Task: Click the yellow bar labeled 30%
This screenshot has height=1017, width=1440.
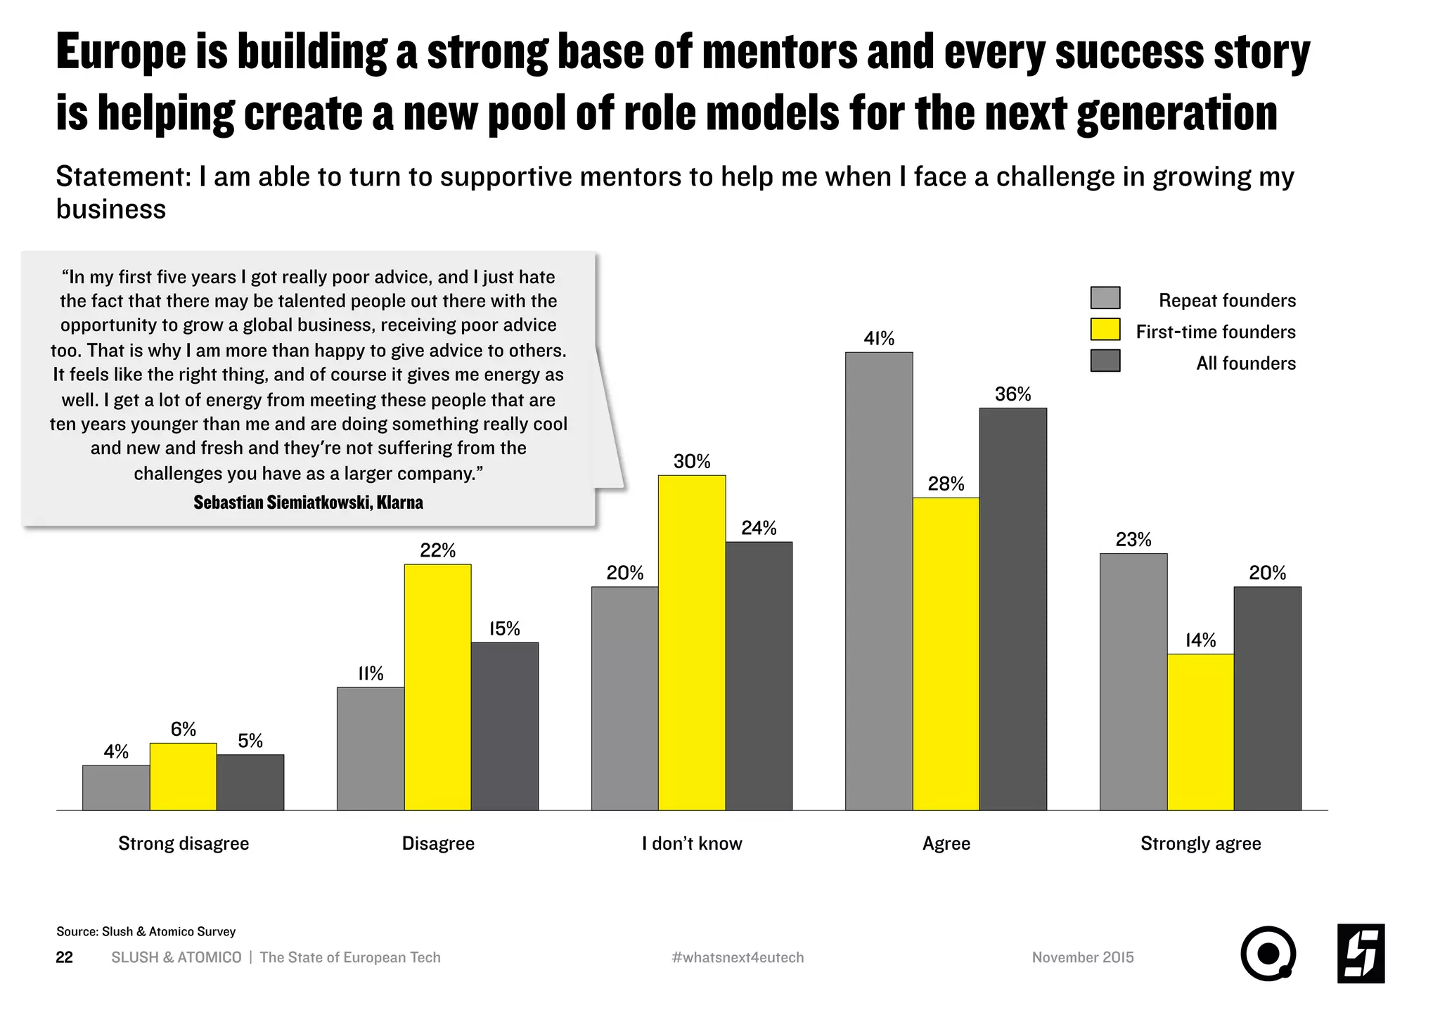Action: pos(692,642)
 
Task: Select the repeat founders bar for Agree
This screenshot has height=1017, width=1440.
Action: pos(879,581)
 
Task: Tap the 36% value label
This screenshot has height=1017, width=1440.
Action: pos(1012,394)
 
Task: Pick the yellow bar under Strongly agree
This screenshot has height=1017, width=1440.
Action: pos(1200,732)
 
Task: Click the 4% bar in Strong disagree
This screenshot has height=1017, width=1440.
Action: pos(116,787)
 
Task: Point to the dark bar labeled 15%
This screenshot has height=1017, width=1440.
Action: pos(505,726)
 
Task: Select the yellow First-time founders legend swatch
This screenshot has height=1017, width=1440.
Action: pos(1105,330)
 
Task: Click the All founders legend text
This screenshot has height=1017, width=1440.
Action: pos(1246,363)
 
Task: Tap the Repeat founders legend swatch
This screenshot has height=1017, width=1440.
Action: pos(1105,298)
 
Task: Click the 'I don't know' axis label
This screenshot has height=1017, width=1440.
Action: pos(692,843)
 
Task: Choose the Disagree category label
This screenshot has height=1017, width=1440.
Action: pos(438,843)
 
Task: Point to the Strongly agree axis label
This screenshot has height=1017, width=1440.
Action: pos(1200,843)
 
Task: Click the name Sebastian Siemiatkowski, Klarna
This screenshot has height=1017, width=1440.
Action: pos(308,503)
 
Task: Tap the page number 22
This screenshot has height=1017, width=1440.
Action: pos(64,957)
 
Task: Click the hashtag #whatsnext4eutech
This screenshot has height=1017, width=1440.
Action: pos(738,957)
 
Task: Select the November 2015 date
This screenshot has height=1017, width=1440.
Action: pos(1083,957)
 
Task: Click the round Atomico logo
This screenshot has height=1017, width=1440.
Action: pos(1268,954)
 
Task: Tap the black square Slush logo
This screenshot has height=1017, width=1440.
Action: pos(1361,954)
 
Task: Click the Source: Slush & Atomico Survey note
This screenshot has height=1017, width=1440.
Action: pos(146,931)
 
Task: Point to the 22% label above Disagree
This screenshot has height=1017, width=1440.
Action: pos(438,550)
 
